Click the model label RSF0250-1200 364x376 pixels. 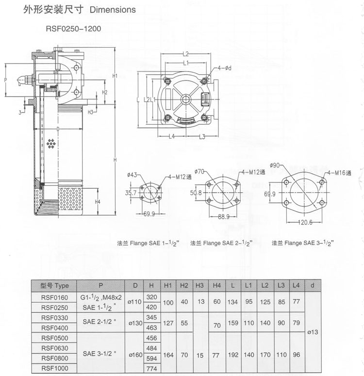click(x=73, y=29)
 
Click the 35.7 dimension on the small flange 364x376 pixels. click(x=132, y=193)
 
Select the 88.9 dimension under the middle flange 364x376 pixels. click(x=224, y=217)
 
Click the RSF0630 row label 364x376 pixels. click(x=55, y=348)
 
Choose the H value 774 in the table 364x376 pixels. click(x=152, y=369)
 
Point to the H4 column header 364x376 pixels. click(x=216, y=285)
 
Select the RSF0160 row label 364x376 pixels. click(x=55, y=296)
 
